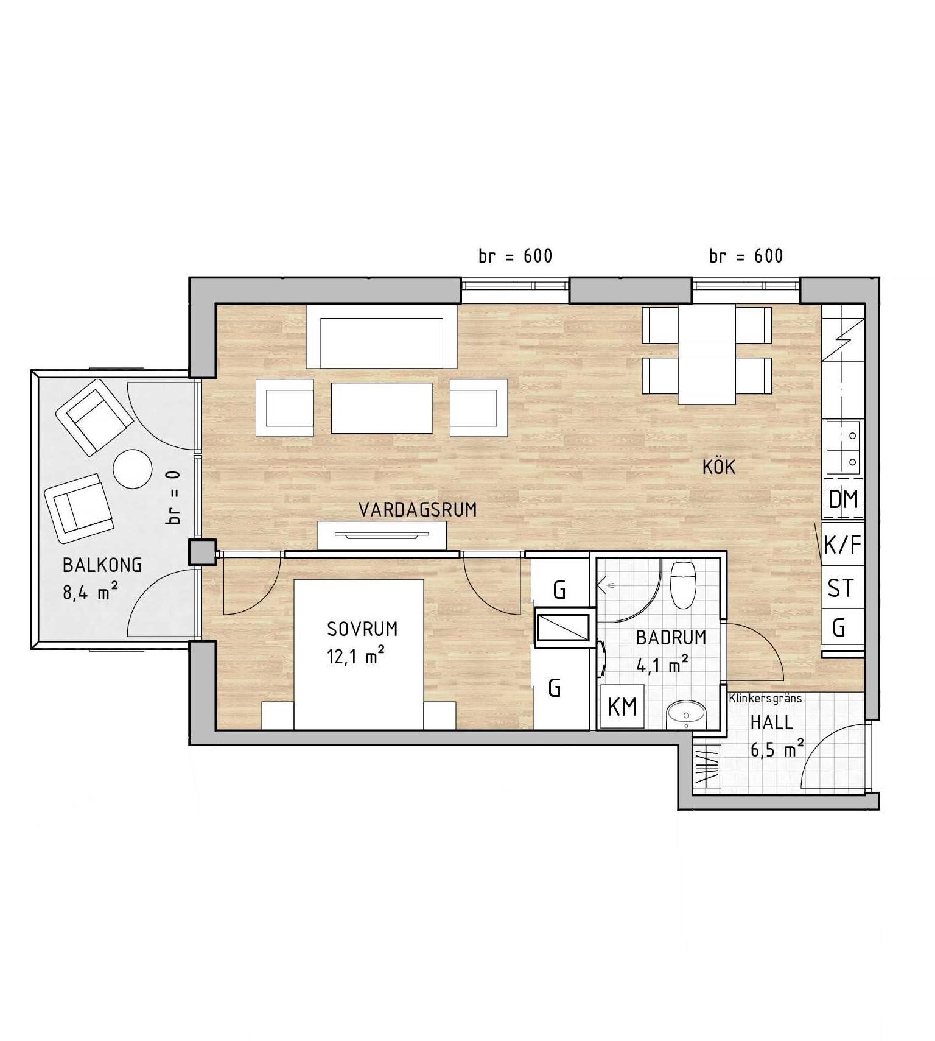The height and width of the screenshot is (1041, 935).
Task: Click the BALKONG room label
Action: tap(102, 565)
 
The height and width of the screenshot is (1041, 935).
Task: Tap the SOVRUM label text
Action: tap(362, 629)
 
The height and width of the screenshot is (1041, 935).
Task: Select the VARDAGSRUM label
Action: tap(418, 510)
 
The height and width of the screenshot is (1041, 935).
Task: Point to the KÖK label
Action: tap(719, 467)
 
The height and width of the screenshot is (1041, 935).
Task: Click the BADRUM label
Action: tap(671, 638)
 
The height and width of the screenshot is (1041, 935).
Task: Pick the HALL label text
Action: tap(771, 723)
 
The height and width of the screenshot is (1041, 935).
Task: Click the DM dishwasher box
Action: tap(843, 499)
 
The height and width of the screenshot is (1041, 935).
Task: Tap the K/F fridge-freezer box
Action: tap(843, 545)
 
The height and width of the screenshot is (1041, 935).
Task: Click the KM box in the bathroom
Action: tap(622, 707)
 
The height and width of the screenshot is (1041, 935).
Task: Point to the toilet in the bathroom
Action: tap(682, 584)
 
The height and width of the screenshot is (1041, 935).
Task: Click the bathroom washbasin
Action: tap(686, 714)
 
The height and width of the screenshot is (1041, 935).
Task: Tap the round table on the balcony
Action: tap(133, 468)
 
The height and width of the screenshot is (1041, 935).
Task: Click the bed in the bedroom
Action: tap(359, 654)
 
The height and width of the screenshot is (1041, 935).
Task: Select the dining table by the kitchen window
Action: tap(707, 354)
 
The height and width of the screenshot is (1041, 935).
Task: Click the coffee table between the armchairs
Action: tap(382, 408)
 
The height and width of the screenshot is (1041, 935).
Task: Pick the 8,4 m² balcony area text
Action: tap(90, 591)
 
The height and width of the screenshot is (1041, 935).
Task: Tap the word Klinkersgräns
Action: tap(765, 699)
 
